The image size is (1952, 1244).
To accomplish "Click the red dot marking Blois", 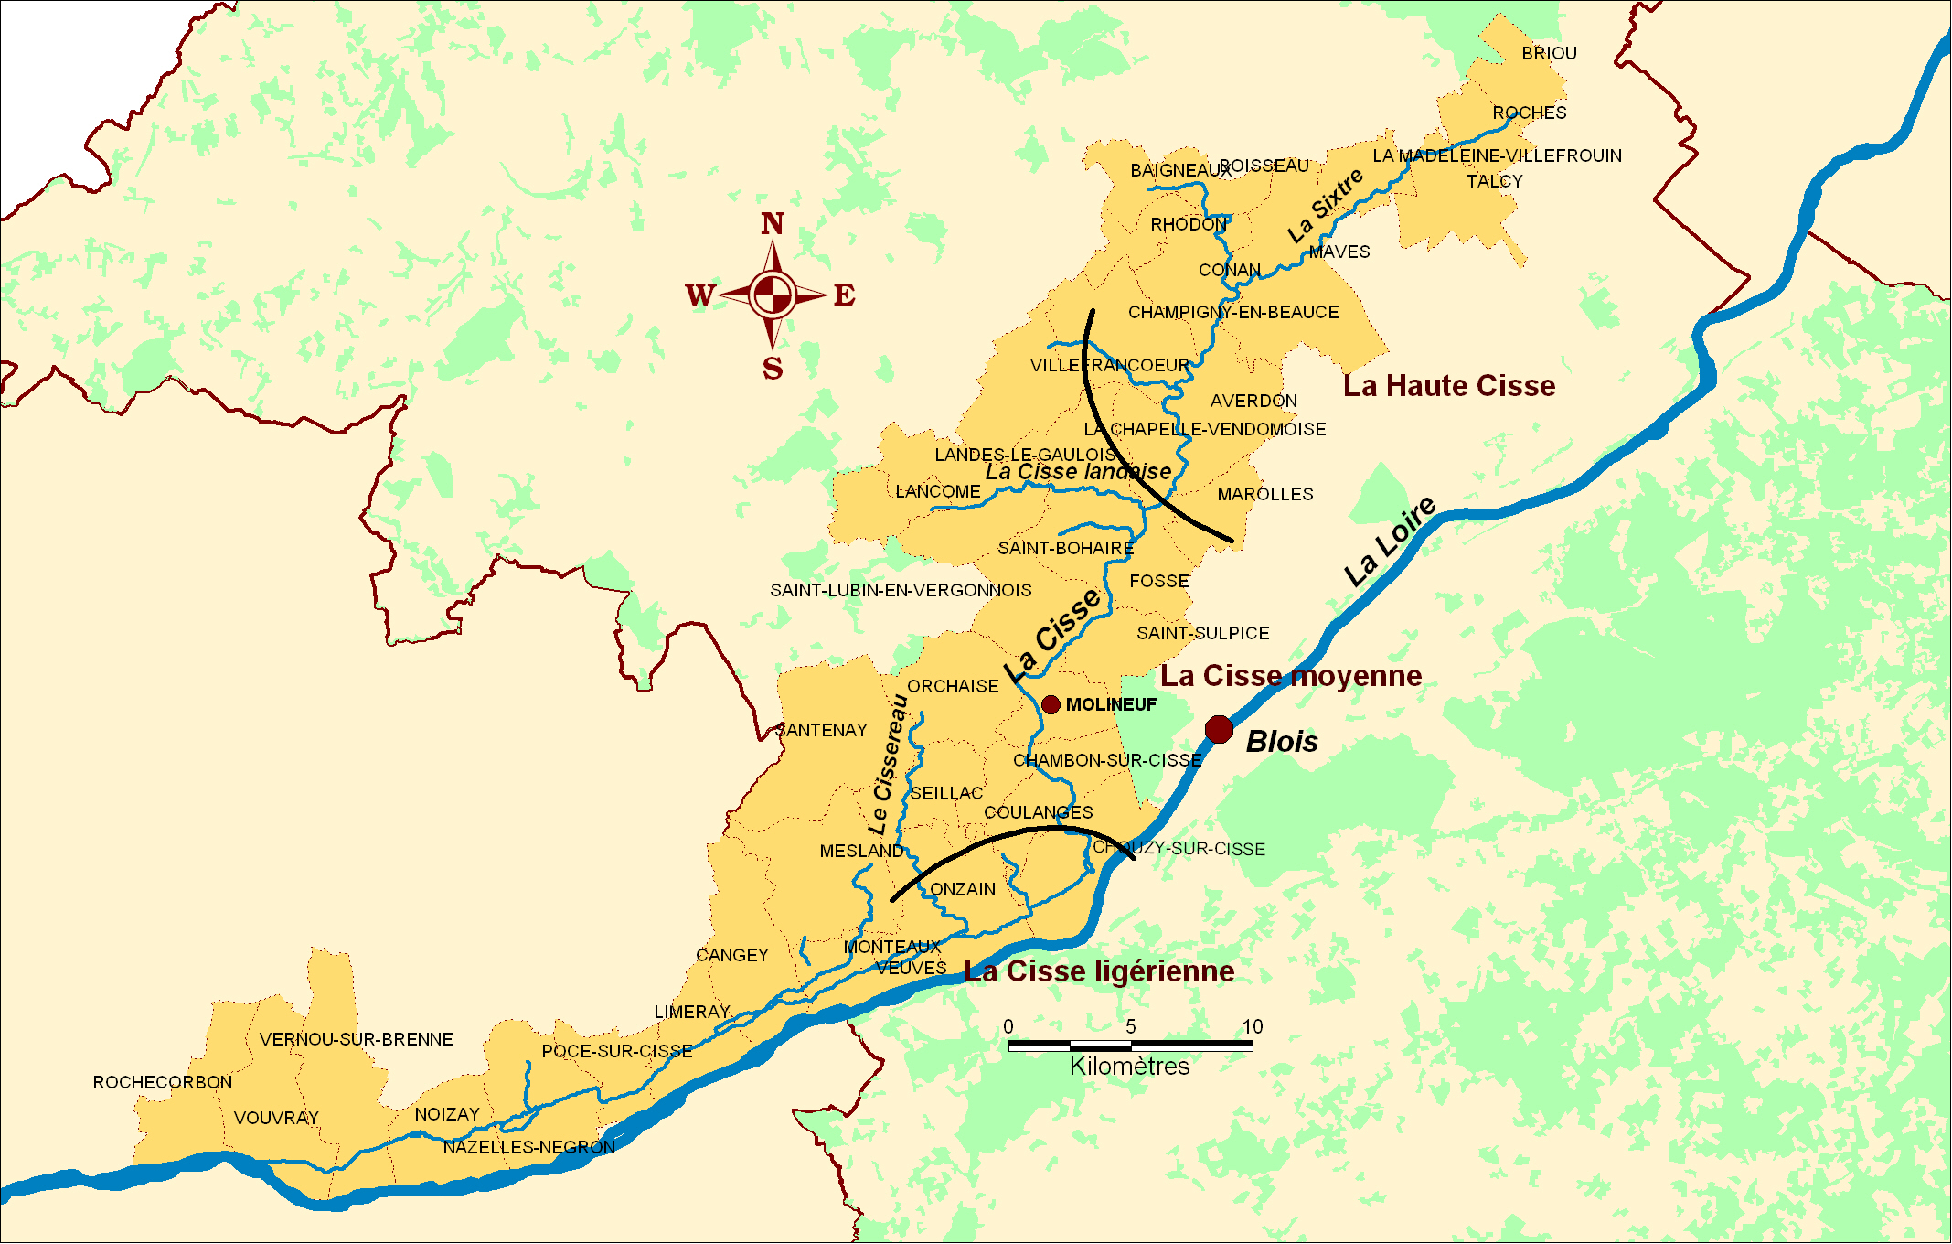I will point(1219,730).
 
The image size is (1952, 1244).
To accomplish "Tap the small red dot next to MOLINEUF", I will point(1051,704).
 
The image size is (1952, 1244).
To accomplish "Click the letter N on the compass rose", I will point(773,224).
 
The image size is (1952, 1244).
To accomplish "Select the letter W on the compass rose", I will point(699,295).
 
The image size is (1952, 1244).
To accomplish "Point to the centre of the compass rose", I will point(773,295).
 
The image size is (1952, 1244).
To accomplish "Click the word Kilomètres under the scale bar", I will point(1130,1067).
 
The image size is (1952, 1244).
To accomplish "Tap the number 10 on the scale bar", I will point(1253,1026).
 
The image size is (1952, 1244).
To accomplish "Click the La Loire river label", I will point(1390,542).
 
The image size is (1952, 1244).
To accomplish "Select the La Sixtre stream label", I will point(1326,207).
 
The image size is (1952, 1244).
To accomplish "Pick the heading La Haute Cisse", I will point(1449,386).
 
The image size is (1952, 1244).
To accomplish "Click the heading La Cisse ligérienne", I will point(1099,971).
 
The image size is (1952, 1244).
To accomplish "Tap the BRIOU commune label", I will point(1549,54).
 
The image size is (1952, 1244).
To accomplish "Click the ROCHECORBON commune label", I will point(163,1083).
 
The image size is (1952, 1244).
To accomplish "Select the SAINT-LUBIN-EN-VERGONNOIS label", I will point(901,591).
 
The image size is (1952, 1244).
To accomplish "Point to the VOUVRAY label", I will point(276,1119).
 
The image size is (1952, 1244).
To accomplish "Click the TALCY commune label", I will point(1495,182).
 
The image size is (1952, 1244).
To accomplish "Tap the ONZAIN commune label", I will point(963,890).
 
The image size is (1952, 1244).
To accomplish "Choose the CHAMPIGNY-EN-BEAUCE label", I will point(1233,313).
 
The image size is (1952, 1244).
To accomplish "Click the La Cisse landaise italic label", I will point(1078,472).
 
